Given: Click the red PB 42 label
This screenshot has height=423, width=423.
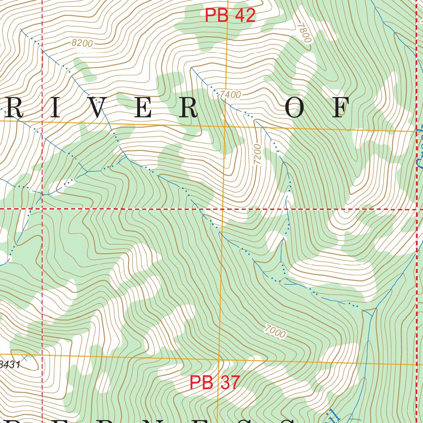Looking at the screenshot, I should pos(231,16).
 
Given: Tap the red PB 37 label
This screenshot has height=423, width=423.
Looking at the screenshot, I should pos(214,383).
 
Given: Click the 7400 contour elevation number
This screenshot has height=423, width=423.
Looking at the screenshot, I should pos(230,95).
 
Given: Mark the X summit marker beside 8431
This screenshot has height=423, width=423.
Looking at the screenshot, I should pos(24,358).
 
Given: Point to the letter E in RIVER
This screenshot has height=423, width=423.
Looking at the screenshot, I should pos(143,109).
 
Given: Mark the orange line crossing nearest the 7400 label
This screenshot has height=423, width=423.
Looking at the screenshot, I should pos(224,125).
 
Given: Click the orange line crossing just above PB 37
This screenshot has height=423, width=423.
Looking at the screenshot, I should pos(219,359).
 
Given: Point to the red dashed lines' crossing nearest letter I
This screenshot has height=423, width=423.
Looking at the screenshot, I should pos(42,209).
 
